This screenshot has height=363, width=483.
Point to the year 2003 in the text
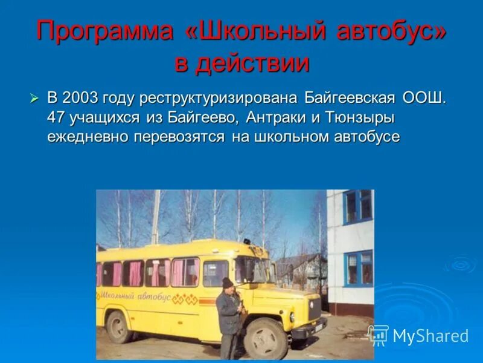80,98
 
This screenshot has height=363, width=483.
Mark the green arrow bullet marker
36,99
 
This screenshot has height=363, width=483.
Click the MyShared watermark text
430,336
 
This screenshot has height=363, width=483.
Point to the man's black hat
227,282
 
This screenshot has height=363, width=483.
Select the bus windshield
254,270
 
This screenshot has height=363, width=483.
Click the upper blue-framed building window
358,206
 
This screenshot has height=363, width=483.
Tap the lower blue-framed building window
359,269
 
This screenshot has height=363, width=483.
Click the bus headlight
292,316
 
